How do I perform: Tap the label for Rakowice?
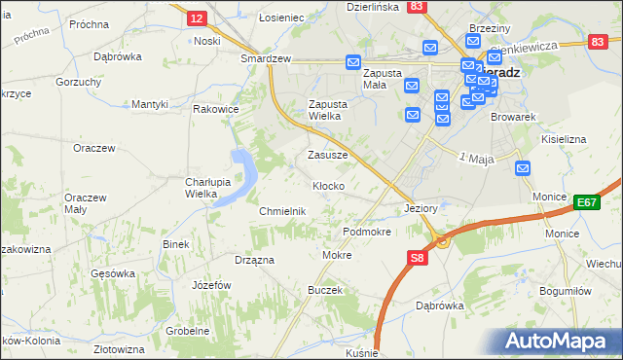click(x=215, y=109)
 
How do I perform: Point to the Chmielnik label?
click(x=283, y=211)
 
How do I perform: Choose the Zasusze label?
click(x=327, y=155)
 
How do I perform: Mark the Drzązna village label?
click(x=254, y=260)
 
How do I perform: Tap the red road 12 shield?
click(x=196, y=18)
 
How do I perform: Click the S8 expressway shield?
click(x=417, y=258)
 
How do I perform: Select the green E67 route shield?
click(x=585, y=201)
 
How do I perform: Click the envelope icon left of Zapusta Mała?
click(x=352, y=62)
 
